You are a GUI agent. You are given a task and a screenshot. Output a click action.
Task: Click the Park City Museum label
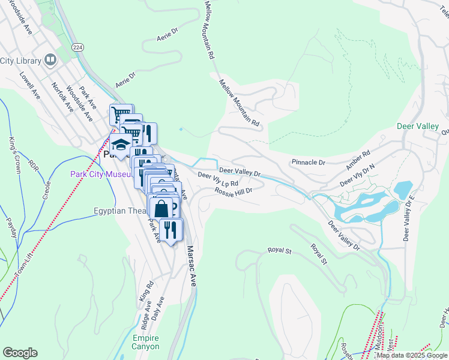coord(100,175)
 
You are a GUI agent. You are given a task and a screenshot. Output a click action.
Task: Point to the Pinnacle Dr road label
coord(308,162)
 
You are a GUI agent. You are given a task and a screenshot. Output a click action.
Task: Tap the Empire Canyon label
coord(146,342)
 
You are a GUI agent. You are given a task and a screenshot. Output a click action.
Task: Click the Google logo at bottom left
coord(20,353)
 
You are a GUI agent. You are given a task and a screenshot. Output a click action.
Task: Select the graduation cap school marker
coord(121,145)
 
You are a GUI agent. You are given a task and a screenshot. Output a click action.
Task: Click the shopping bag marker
coord(161,209)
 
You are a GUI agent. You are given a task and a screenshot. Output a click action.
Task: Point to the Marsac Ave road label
coord(191,266)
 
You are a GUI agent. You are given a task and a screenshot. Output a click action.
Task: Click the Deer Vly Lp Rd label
coord(218,179)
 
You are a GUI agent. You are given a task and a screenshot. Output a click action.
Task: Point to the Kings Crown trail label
coord(14,155)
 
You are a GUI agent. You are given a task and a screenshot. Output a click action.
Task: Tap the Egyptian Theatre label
coord(118,211)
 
